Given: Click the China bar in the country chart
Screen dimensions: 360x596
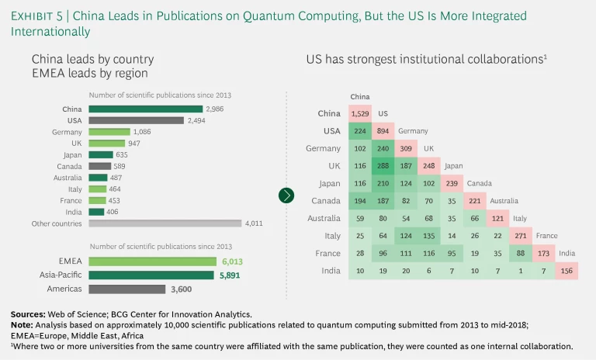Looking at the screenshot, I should (144, 109).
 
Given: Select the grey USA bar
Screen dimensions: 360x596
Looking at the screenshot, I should (135, 120).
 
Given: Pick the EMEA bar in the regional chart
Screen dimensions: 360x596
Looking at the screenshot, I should (151, 261).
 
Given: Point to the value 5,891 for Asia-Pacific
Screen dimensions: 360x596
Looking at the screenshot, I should (232, 275).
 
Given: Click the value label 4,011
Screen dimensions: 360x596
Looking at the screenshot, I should (255, 223).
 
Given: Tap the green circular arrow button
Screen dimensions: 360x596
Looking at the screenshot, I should (286, 195).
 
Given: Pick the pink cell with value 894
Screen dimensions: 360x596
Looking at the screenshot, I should (383, 131).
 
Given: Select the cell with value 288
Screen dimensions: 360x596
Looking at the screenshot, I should (383, 165).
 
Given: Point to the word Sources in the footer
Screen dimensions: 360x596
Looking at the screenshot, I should (29, 313).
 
